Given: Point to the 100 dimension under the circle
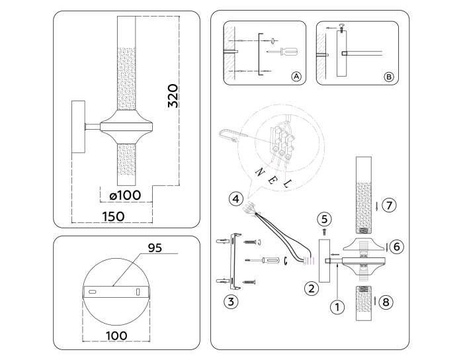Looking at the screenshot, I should [x=117, y=336].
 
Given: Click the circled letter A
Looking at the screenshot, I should [x=296, y=77].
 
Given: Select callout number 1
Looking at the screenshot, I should [x=338, y=306].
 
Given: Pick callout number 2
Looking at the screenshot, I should [x=310, y=288].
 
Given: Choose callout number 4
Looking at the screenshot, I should [x=235, y=198].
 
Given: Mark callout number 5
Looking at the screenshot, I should [x=323, y=218].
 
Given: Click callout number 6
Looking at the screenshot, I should [x=396, y=246].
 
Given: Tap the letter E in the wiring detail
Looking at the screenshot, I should [x=271, y=179].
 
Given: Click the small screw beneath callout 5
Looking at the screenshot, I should [x=323, y=232].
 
